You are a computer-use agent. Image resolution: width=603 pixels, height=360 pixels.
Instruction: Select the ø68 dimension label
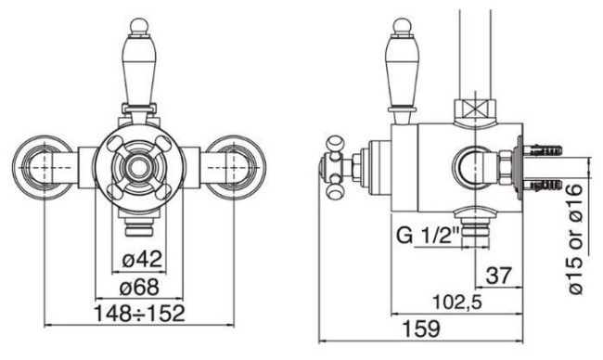point(139,287)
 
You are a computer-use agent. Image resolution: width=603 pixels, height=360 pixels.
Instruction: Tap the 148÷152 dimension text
point(139,314)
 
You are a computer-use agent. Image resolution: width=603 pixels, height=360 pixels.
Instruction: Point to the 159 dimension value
point(421,328)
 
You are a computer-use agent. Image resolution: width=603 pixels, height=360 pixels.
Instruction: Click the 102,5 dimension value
point(457,302)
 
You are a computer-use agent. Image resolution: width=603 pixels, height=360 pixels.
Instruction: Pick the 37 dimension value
point(499,276)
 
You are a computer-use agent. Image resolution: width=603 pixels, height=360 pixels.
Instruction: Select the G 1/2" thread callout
point(428,236)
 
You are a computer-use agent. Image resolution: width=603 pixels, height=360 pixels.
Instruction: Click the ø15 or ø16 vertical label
point(575,239)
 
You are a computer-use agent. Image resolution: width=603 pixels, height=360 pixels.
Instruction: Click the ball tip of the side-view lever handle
point(401,27)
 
